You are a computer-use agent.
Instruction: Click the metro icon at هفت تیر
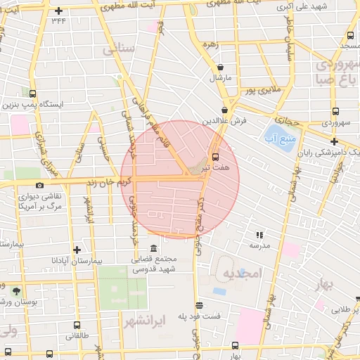tap(215, 156)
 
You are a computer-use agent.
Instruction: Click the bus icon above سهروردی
tap(335, 110)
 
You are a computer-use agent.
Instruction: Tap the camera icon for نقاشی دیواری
tap(39, 185)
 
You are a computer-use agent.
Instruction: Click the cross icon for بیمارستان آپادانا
tap(77, 249)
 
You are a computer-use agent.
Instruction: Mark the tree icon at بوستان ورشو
tap(16, 290)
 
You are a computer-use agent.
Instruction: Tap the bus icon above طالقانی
tap(77, 325)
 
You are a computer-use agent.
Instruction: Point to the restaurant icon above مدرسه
tap(259, 235)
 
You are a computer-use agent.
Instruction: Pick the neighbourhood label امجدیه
tap(241, 273)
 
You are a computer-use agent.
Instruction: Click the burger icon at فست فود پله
tap(200, 305)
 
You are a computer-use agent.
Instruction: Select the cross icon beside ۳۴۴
tap(58, 11)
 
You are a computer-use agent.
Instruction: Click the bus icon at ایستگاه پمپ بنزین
tap(33, 93)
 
